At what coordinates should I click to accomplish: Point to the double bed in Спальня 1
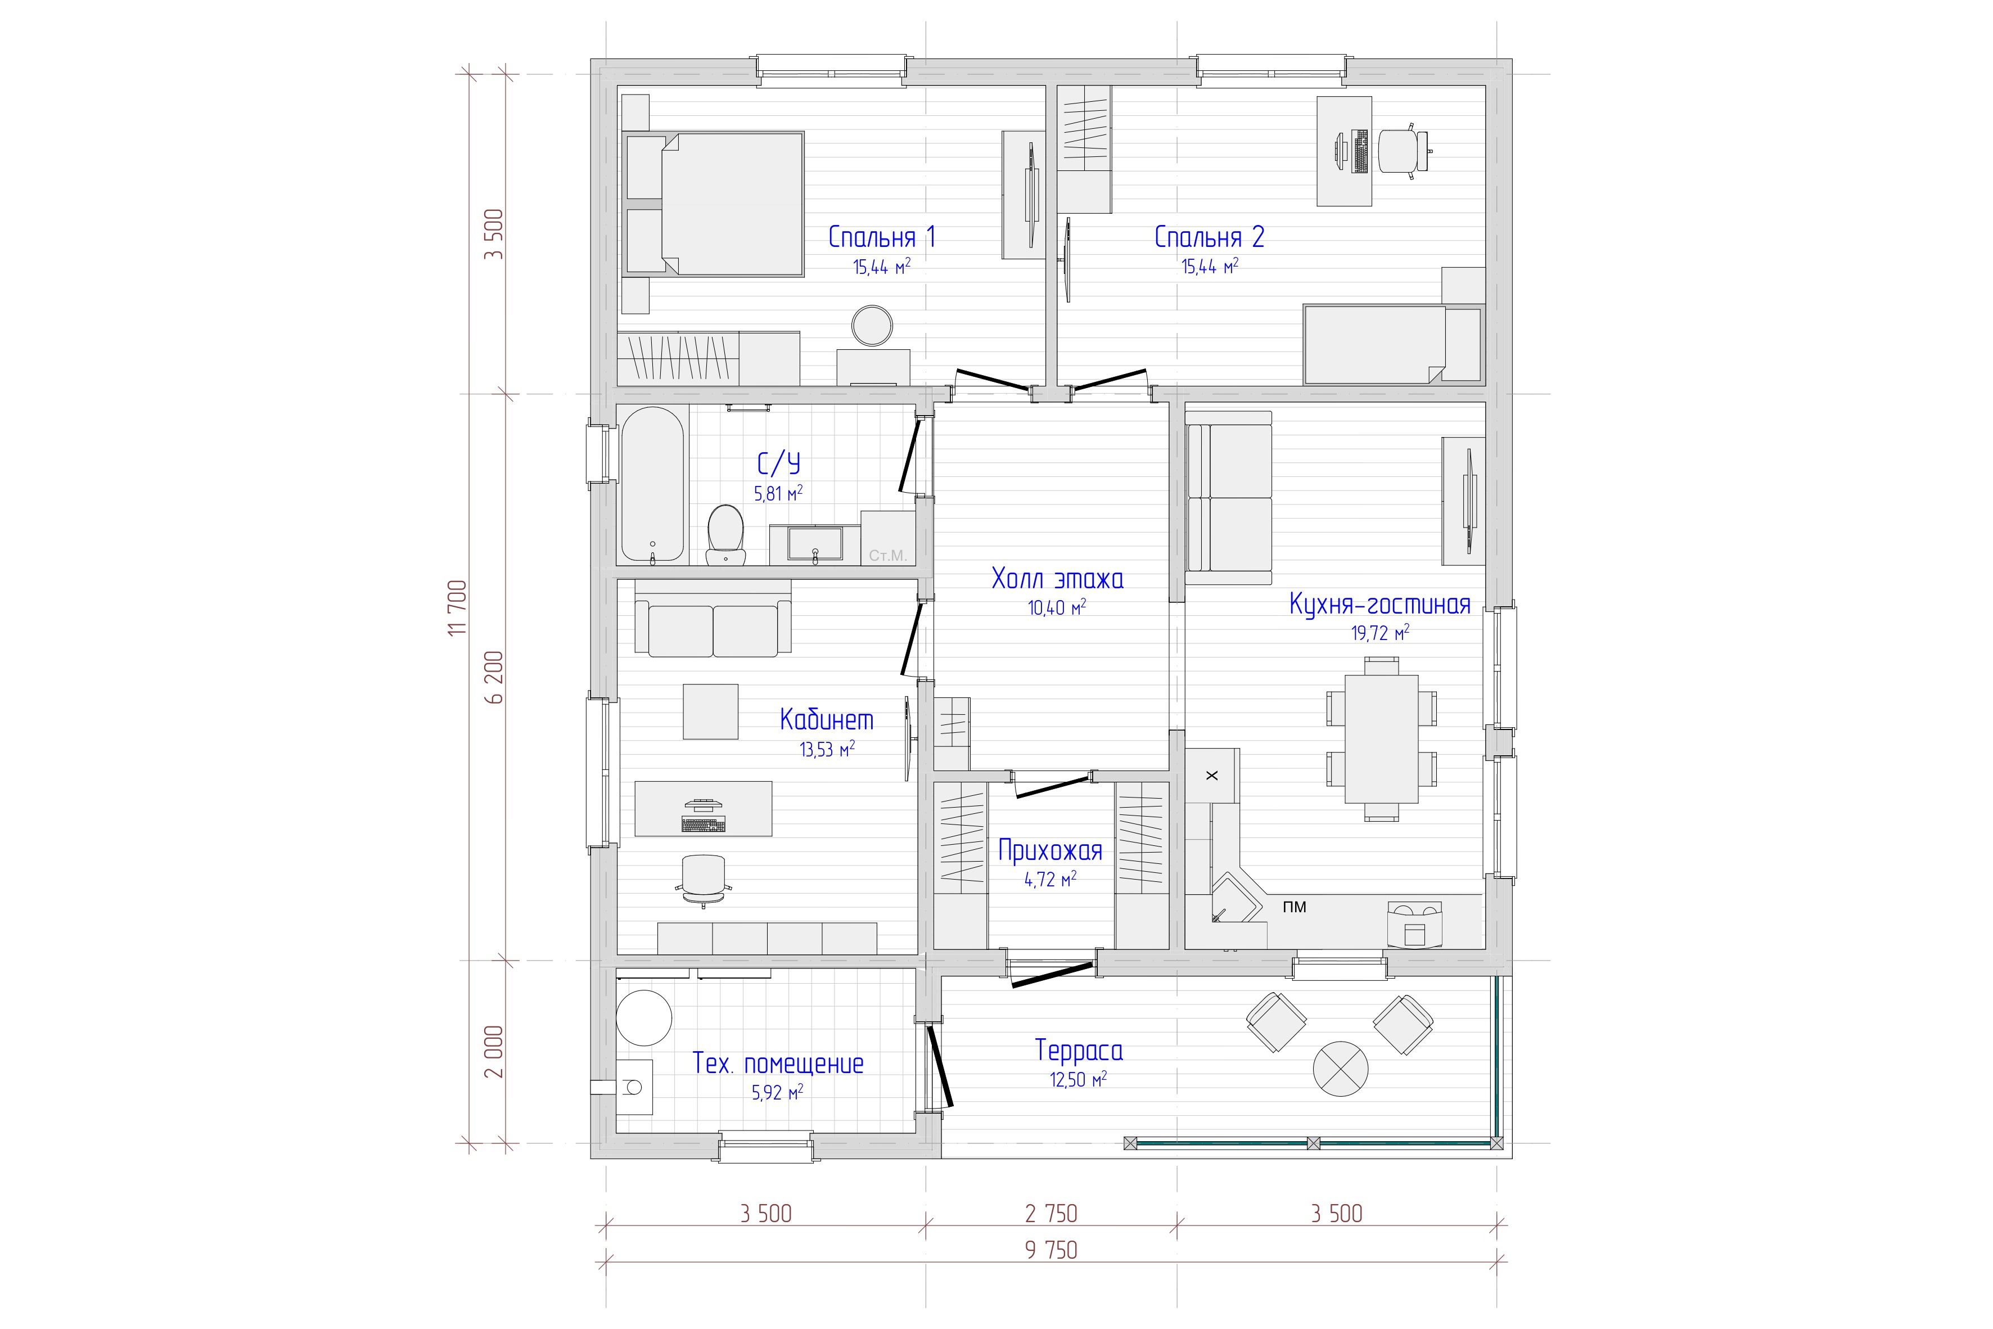(714, 204)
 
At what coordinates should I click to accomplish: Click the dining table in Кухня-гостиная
(1381, 739)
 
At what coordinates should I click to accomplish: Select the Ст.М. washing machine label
(887, 557)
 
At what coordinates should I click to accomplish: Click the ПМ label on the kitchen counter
(1294, 907)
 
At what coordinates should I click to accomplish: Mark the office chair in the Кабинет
(704, 879)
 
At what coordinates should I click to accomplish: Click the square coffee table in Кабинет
(711, 712)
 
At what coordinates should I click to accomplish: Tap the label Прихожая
(1050, 850)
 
